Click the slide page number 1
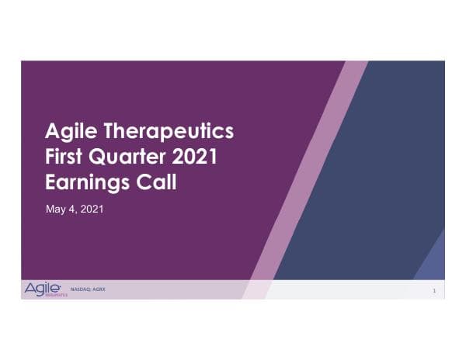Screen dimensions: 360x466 [433, 291]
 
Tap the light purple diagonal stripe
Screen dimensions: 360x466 [311, 171]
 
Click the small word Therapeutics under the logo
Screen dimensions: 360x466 [57, 296]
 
